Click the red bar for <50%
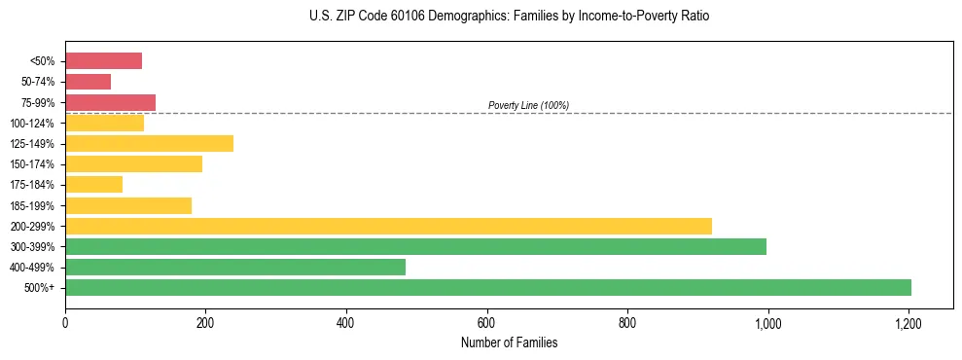103,61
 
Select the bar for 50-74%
88,82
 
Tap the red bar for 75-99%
110,102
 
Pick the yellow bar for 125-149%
149,144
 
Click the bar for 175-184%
93,185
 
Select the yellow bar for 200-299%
388,226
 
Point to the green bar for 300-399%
415,246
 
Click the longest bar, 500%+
488,287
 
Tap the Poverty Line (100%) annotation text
528,105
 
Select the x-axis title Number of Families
509,342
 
